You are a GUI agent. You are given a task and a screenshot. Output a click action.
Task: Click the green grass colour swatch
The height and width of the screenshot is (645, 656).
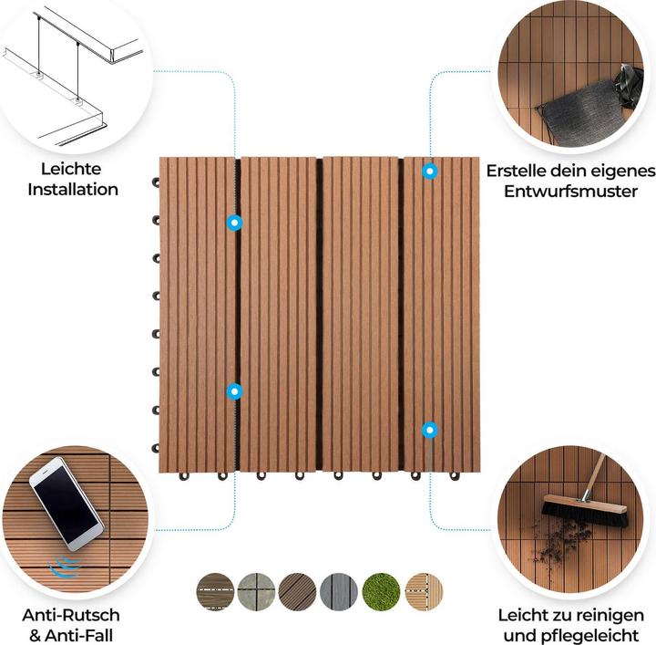tap(382, 591)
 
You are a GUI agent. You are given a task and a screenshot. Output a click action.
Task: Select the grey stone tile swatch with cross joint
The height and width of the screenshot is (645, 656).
tap(257, 591)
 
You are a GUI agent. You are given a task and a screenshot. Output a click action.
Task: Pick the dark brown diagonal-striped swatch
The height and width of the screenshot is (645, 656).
tap(299, 591)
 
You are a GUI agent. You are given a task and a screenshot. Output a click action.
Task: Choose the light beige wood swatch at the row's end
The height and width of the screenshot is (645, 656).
tap(424, 591)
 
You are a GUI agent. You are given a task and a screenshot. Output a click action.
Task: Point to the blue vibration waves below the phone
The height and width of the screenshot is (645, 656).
tap(65, 567)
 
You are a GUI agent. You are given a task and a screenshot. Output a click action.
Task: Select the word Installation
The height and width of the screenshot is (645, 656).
tap(73, 190)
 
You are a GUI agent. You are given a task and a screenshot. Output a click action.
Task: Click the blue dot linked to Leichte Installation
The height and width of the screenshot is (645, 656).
tap(234, 223)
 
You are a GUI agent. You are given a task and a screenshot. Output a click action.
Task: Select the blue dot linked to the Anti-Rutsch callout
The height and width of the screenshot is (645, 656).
tap(234, 391)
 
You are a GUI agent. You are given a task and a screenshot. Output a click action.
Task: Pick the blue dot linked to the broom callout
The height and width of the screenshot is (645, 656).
tap(429, 429)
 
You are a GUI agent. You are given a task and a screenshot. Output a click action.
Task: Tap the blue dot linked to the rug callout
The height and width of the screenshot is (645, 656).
tap(429, 171)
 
